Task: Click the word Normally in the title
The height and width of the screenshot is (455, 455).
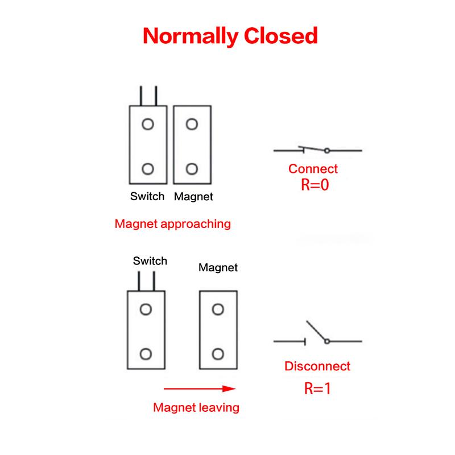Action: click(191, 36)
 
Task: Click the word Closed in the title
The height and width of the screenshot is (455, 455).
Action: click(281, 36)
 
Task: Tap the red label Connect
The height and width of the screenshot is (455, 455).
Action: click(313, 168)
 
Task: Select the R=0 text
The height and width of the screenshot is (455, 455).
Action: click(315, 184)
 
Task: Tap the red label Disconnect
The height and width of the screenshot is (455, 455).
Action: click(317, 366)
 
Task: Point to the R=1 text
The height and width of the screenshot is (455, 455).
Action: click(317, 388)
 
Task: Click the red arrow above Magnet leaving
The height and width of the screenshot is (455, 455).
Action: click(200, 388)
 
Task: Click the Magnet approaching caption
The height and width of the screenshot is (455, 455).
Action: click(173, 224)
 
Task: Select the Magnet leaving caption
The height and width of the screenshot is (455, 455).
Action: click(196, 407)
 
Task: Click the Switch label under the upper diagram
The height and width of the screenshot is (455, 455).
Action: click(147, 196)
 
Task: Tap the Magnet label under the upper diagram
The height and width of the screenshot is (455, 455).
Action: click(193, 197)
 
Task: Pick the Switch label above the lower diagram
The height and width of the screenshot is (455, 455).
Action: click(150, 261)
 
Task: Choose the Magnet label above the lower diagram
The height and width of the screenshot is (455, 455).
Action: click(218, 267)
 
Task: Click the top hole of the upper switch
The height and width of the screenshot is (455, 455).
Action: click(148, 124)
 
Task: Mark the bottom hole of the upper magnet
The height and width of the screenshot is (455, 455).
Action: click(192, 169)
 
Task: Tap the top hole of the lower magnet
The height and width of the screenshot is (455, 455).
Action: click(218, 309)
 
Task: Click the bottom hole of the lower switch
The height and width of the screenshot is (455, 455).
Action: click(146, 354)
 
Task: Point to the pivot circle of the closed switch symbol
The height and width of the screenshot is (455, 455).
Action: click(327, 151)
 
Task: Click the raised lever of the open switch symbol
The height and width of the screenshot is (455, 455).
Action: click(316, 330)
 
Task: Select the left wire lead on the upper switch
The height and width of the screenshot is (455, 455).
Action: click(141, 96)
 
